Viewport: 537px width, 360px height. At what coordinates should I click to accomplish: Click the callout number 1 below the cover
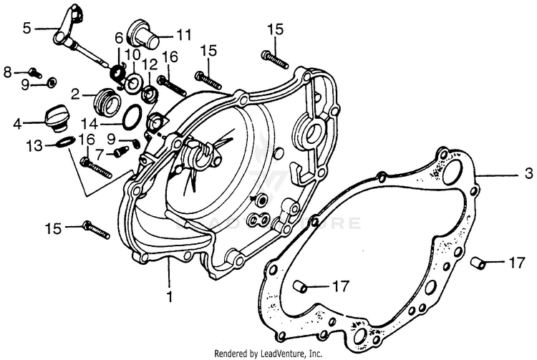170,295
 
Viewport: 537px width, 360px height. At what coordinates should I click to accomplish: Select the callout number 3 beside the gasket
528,173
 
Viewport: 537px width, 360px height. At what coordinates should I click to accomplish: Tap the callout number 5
27,29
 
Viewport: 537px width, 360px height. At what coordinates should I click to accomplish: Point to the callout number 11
184,34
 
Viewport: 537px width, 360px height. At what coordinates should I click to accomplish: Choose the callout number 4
16,123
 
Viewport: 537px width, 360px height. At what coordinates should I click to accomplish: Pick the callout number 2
74,93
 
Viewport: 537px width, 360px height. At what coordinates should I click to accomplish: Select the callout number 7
100,152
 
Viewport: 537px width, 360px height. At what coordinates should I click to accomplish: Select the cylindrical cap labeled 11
143,33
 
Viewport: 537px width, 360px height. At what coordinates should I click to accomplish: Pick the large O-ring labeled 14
131,115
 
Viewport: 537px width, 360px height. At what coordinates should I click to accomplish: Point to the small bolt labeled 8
34,72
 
